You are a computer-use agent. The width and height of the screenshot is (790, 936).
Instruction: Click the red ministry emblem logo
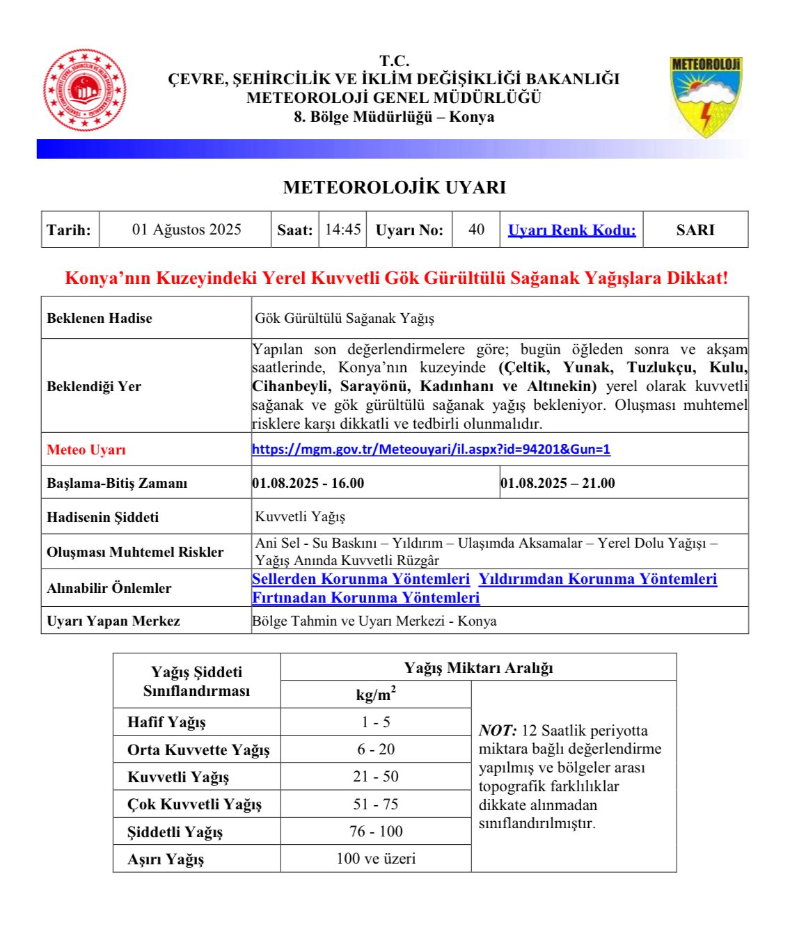point(85,90)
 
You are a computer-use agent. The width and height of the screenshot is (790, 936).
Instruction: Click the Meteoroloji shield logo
point(706,96)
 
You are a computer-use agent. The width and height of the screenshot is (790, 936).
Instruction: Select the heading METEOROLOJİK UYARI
point(394,187)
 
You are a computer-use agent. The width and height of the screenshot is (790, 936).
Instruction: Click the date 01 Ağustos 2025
point(187,230)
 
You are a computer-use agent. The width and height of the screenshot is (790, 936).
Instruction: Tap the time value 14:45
point(343,230)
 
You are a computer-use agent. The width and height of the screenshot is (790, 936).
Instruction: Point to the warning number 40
point(477,230)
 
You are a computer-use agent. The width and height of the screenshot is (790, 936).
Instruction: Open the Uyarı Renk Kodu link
point(571,230)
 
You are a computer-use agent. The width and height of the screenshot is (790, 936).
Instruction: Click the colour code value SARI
point(695,230)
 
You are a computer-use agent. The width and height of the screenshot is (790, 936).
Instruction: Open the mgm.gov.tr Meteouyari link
point(431,450)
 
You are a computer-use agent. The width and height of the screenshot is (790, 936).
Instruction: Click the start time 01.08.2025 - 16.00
point(308,483)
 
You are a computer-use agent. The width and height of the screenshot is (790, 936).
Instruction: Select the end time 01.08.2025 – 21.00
point(558,483)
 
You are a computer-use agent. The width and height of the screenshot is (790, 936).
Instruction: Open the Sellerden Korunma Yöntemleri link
point(361,579)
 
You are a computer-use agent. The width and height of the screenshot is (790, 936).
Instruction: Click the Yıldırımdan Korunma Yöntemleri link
point(597,579)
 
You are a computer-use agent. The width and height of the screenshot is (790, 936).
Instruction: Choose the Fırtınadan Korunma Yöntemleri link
point(365,598)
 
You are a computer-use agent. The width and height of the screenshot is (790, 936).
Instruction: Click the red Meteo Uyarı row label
point(86,450)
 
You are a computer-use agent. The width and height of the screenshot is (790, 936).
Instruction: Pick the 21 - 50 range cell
point(376,777)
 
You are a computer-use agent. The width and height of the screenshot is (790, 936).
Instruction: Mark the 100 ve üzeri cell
point(376,859)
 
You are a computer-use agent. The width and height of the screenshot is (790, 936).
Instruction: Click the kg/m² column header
point(376,695)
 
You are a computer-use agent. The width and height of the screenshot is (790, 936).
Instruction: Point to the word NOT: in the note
point(498,731)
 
